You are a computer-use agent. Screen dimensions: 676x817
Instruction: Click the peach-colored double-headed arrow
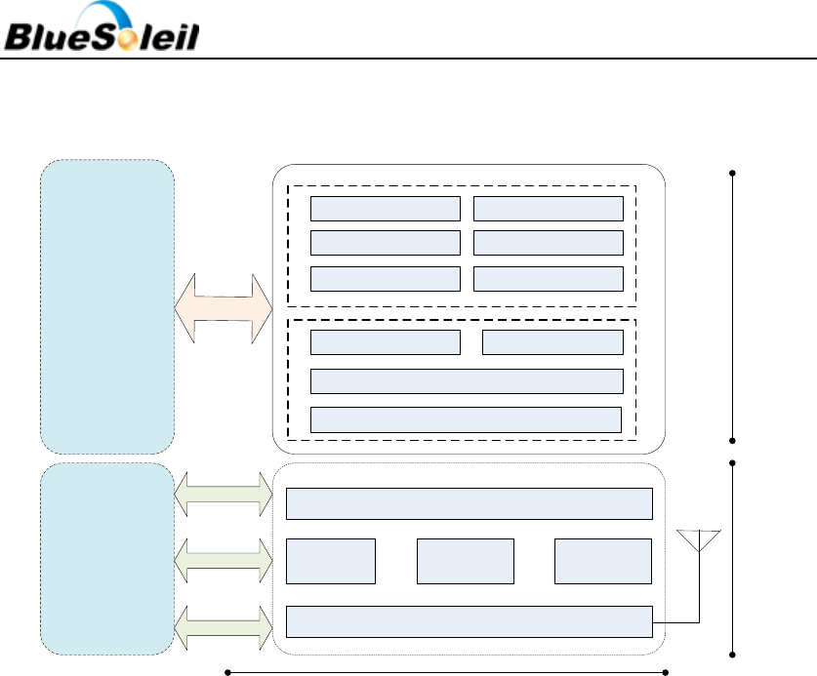pos(223,308)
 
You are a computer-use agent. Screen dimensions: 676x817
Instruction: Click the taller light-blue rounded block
pos(107,306)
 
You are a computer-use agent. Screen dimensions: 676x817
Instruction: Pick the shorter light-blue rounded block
pos(107,559)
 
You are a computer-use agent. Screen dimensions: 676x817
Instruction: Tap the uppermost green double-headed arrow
pos(223,495)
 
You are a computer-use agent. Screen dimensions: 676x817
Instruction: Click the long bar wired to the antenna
pos(469,620)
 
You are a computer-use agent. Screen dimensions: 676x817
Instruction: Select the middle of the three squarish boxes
pos(465,561)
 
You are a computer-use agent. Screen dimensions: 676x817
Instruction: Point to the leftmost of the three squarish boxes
pos(330,561)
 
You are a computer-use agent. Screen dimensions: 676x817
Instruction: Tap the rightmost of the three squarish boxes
pos(602,561)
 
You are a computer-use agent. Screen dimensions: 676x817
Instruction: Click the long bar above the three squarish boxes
pos(469,503)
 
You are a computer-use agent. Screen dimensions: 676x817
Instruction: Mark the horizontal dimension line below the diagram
pos(446,671)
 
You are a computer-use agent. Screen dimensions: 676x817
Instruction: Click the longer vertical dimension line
pos(732,306)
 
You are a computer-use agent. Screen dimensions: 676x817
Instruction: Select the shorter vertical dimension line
pos(732,559)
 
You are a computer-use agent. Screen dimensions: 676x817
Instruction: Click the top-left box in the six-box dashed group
pos(385,208)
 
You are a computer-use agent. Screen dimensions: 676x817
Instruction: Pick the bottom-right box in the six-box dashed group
pos(548,278)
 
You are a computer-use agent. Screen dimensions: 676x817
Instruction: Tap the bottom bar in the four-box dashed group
pos(466,418)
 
